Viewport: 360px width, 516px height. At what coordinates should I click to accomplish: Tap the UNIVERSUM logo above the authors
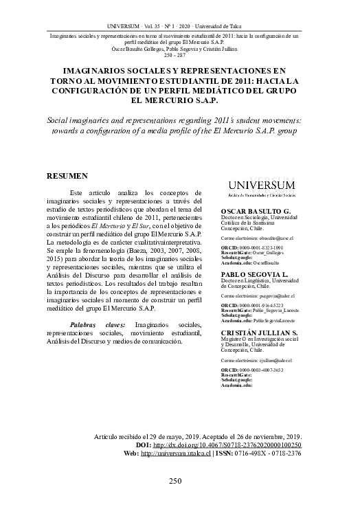coord(262,187)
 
